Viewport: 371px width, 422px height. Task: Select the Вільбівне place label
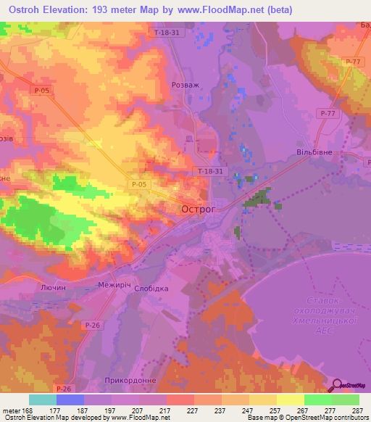[x=312, y=154]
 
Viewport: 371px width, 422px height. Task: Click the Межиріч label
[x=114, y=286]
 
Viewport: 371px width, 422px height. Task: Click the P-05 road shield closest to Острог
[x=141, y=185]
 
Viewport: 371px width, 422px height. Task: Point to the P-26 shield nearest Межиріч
[x=91, y=324]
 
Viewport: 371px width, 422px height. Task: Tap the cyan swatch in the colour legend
[x=43, y=400]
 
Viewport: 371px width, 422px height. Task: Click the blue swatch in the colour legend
[x=70, y=400]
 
